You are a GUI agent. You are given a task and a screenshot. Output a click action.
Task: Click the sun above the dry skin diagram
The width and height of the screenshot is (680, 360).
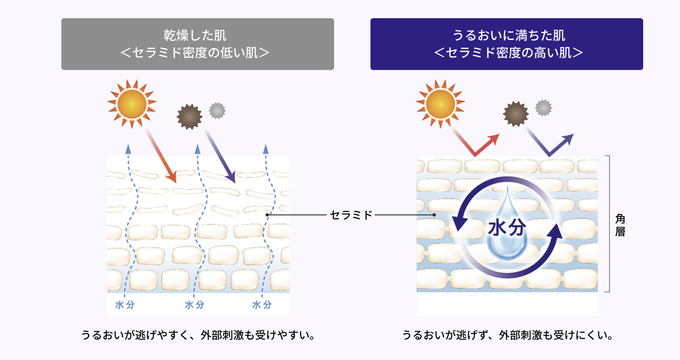pos(132,104)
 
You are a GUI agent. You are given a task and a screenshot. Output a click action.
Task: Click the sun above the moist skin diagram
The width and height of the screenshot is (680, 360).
pos(440,104)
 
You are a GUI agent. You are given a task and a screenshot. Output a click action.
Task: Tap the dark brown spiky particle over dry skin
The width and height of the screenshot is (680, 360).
pos(190,117)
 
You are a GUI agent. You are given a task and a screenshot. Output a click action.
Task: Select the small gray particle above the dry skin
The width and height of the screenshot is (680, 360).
pos(217,110)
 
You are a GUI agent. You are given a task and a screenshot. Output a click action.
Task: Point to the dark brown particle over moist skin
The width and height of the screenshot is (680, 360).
pos(516,114)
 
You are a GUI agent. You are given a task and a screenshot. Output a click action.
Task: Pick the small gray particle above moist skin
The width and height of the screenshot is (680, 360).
pos(543,108)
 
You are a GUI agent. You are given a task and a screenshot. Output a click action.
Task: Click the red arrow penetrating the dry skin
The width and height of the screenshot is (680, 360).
pos(160,156)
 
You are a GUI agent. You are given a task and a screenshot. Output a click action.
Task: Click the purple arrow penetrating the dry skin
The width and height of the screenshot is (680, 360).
pos(220,156)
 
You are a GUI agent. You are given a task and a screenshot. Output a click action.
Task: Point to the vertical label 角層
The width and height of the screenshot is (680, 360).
pos(620,225)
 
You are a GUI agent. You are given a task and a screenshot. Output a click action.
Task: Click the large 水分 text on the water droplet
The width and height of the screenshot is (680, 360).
pos(507,227)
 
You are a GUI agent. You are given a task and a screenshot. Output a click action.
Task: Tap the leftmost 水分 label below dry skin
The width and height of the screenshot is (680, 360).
pos(125,305)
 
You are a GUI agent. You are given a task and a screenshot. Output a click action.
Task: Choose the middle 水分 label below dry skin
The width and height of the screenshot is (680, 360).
pos(194,305)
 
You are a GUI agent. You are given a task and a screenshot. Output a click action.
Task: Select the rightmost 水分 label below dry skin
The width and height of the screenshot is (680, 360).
pos(262,305)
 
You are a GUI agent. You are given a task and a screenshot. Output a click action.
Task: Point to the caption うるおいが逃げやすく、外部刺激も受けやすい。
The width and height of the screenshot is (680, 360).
pos(199,335)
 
